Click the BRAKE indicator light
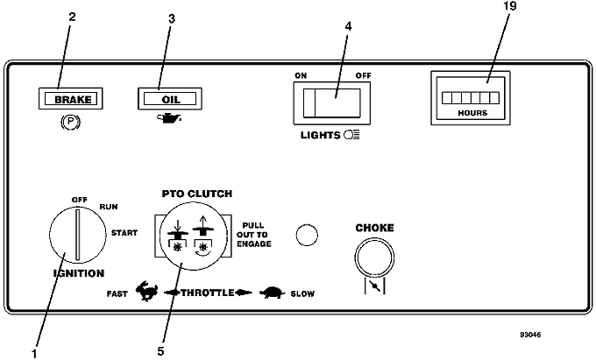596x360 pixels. tap(71, 99)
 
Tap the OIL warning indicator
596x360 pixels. tap(170, 99)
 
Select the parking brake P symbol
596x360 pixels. tap(71, 122)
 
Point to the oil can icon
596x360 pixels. tap(169, 118)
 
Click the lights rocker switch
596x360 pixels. tap(331, 103)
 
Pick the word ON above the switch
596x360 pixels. tap(301, 75)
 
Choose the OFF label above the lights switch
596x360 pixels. tap(363, 75)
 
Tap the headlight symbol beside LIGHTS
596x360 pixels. tap(351, 135)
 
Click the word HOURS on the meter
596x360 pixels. tap(472, 113)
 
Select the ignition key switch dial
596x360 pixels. tap(78, 235)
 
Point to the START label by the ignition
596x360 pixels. tap(124, 233)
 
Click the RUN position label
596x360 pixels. tap(109, 207)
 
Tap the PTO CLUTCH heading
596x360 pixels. tap(197, 194)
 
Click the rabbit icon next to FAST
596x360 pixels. tap(146, 292)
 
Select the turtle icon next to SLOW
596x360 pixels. tap(273, 293)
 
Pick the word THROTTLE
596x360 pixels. tap(208, 293)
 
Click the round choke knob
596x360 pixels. tap(374, 258)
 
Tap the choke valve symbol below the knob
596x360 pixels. tap(375, 286)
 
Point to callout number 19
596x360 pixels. tap(510, 6)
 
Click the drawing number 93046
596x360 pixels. tap(530, 335)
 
